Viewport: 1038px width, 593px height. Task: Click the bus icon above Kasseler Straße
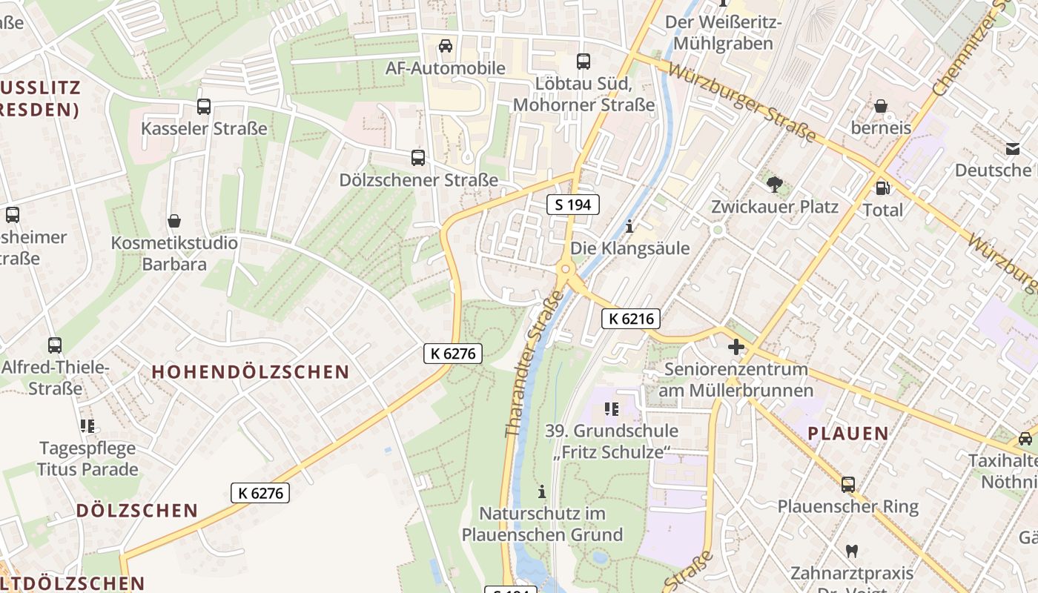coord(204,107)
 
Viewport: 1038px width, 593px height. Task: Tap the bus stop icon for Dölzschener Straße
coord(418,158)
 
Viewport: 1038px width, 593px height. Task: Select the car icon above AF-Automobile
coord(445,46)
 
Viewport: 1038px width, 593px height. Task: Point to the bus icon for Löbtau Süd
coord(584,62)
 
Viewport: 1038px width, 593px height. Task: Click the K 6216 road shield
coord(630,319)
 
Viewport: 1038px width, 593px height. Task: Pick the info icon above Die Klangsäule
coord(629,226)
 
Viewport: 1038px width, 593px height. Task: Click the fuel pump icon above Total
coord(882,188)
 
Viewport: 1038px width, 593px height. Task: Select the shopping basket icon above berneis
coord(881,106)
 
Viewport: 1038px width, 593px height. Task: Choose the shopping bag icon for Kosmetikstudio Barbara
coord(174,221)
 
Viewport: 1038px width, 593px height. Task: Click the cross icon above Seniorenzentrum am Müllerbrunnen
coord(735,347)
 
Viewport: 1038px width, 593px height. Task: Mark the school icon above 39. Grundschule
coord(612,408)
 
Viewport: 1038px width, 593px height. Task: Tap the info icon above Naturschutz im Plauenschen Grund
coord(542,491)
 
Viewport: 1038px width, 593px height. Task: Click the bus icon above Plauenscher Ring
coord(847,485)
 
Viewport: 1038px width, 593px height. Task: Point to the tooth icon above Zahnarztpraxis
coord(852,551)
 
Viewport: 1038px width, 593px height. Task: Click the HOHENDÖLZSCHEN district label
coord(251,372)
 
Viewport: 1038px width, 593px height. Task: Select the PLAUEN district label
coord(847,434)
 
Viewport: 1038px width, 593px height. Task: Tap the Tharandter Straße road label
coord(533,363)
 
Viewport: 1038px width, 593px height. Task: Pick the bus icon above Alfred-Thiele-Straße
coord(55,345)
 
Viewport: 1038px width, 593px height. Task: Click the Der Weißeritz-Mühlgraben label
coord(724,33)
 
